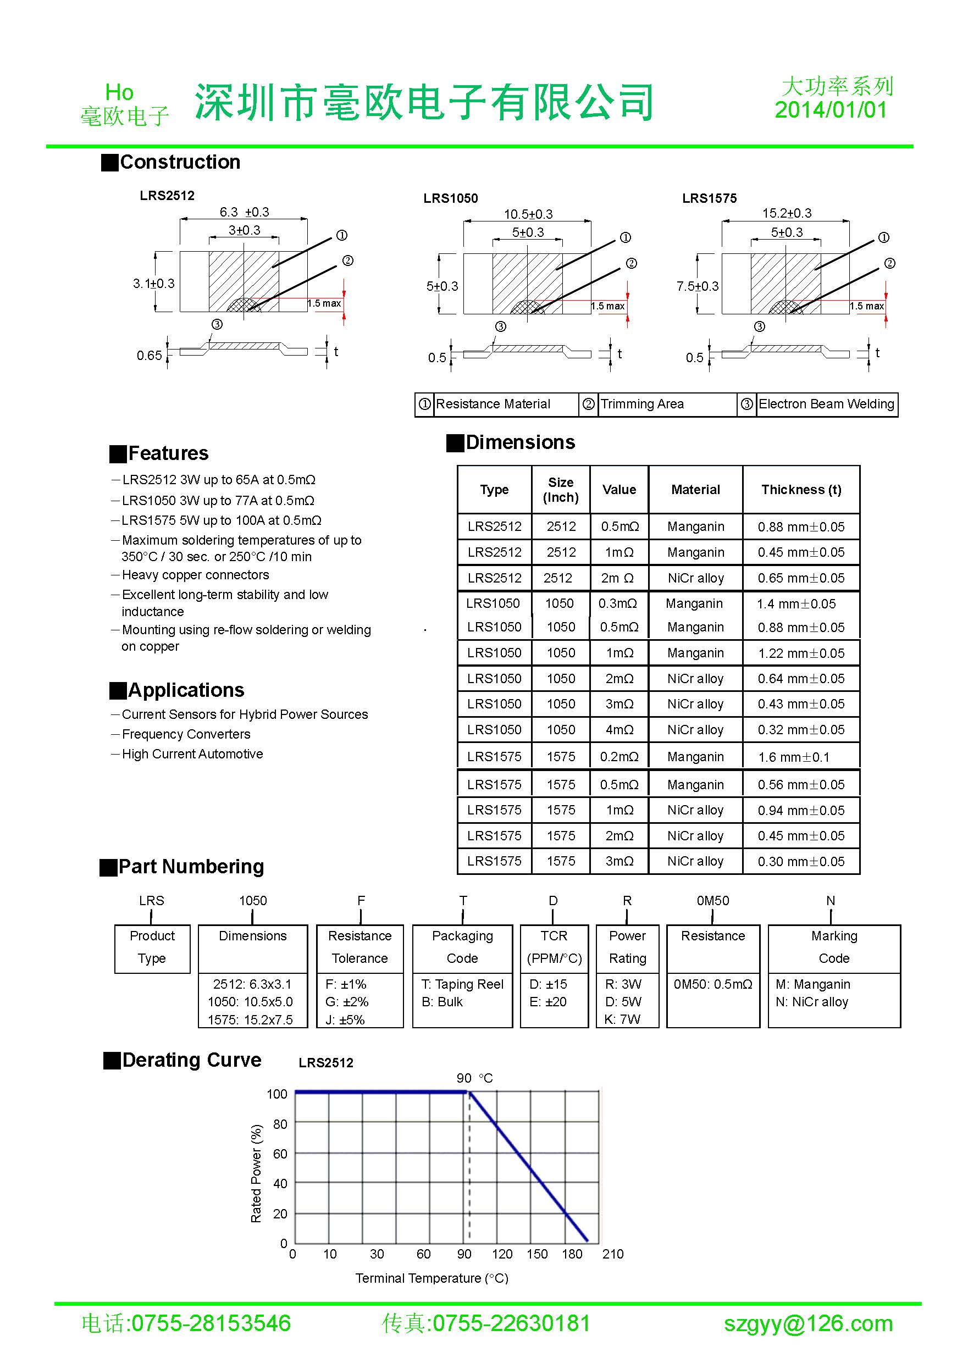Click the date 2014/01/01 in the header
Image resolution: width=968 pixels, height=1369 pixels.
[830, 110]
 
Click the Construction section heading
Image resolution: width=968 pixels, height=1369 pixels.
[180, 162]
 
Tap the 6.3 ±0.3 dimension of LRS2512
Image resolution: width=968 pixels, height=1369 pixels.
[244, 212]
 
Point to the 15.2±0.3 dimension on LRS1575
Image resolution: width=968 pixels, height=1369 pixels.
[787, 213]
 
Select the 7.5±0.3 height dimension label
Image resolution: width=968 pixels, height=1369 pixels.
[697, 287]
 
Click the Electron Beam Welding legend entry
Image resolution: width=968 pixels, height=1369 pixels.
[826, 404]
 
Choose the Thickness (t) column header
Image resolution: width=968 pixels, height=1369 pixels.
[801, 490]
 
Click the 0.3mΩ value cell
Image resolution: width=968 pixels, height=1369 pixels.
[618, 604]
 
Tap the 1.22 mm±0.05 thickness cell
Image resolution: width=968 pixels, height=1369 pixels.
[801, 653]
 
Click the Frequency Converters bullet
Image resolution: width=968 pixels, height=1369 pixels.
[185, 735]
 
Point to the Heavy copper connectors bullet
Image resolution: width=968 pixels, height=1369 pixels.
[195, 575]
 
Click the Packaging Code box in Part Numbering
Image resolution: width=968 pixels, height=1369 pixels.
[462, 947]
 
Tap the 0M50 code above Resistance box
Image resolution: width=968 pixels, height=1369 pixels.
[713, 901]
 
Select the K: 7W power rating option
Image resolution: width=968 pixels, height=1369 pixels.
[622, 1019]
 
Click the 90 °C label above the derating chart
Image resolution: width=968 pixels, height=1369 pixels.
[475, 1078]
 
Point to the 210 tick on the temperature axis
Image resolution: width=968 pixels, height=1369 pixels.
[612, 1254]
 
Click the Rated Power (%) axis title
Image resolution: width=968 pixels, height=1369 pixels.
[256, 1173]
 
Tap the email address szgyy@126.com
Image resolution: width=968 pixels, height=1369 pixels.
[808, 1324]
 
